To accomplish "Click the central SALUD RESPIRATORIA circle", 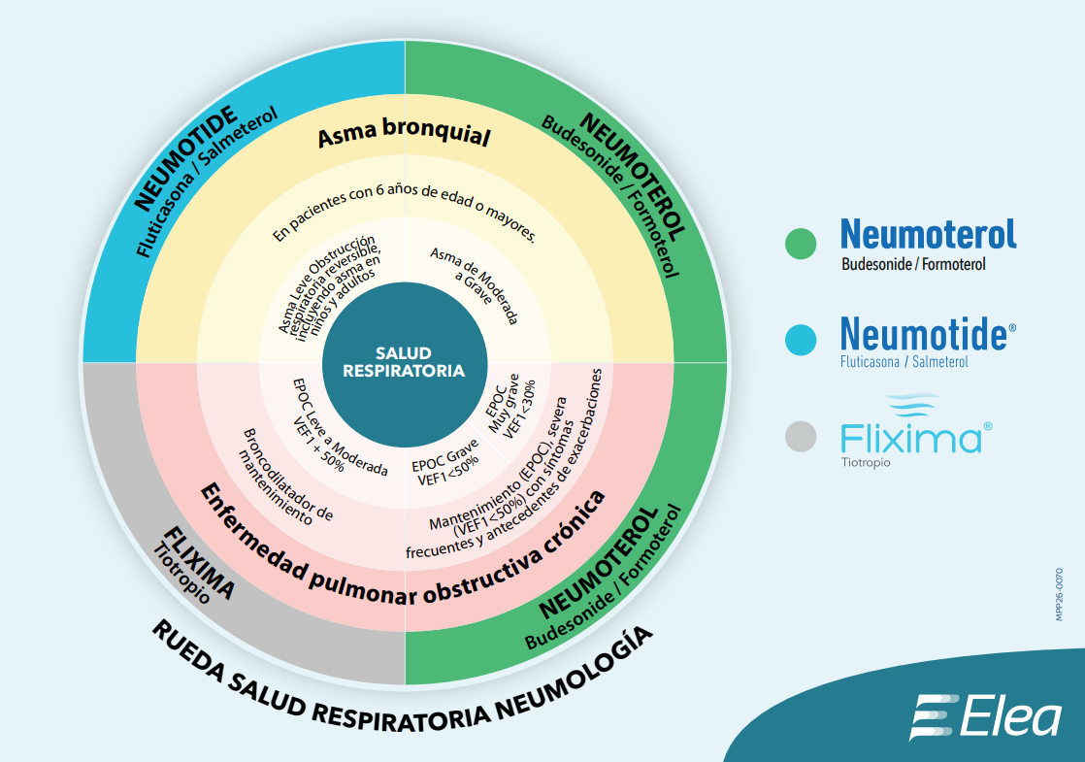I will point(404,362).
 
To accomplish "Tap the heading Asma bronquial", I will point(404,136).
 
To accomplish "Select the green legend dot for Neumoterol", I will point(801,244).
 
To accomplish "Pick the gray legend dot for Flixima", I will point(801,437).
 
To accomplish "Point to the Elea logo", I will point(985,717).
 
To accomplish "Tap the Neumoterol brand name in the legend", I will point(928,234).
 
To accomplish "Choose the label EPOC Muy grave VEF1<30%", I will point(511,408).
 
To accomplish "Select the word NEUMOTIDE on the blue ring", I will point(185,160).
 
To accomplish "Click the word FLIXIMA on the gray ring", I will point(199,562).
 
